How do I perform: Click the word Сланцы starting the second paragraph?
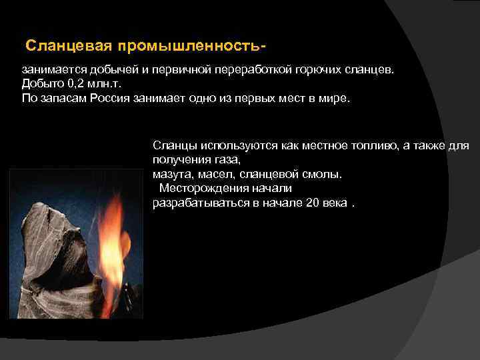point(173,145)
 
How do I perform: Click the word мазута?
point(169,175)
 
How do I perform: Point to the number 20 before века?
point(311,203)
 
